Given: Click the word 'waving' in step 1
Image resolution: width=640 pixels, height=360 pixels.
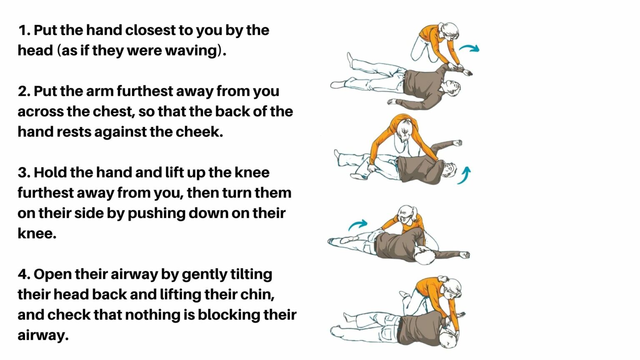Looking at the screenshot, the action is [x=192, y=50].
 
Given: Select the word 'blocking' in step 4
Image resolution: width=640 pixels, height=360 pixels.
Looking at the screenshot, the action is [x=229, y=315].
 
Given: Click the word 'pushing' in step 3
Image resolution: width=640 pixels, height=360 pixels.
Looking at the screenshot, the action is [x=156, y=213].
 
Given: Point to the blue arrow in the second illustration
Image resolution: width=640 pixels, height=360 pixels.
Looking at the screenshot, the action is [x=464, y=175].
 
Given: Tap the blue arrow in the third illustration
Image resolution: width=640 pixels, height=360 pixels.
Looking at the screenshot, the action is [x=358, y=225].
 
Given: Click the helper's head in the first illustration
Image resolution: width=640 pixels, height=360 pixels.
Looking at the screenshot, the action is [x=449, y=31].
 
